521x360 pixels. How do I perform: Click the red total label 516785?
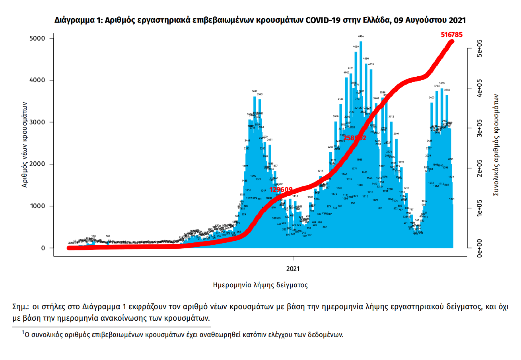point(451,35)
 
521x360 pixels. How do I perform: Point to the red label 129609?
point(281,190)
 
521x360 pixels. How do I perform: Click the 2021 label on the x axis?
point(294,269)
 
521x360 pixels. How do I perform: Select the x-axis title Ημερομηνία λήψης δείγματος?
point(260,285)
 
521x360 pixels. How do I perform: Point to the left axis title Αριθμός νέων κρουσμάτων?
point(25,144)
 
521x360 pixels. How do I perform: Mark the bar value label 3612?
point(255,91)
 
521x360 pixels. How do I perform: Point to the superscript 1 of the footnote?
point(23,332)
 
